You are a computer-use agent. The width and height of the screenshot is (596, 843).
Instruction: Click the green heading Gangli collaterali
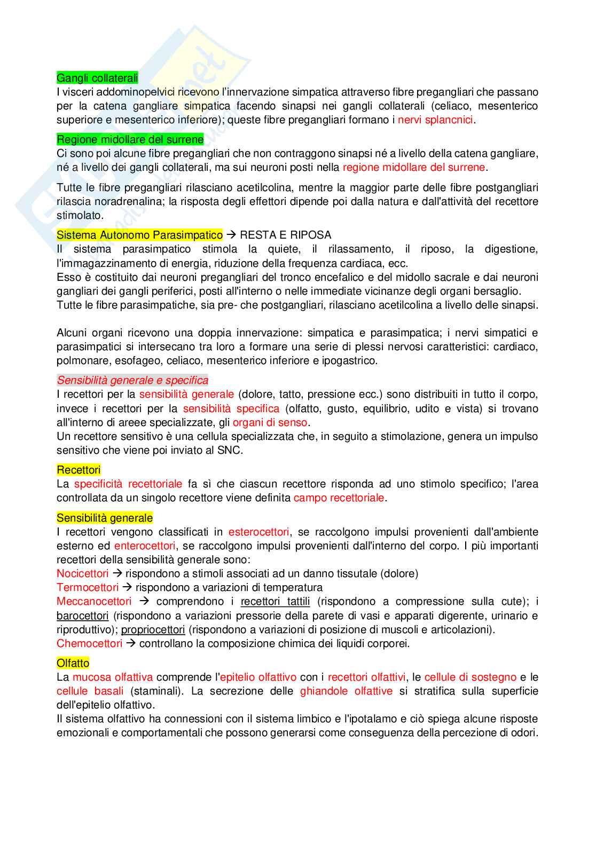[97, 78]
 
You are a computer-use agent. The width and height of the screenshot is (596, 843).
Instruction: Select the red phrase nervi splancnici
[435, 120]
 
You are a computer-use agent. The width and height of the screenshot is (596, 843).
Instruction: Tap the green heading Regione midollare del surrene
[130, 139]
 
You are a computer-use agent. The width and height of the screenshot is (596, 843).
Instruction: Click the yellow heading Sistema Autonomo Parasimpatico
[139, 235]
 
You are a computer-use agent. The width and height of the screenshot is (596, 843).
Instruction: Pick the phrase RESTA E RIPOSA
[285, 235]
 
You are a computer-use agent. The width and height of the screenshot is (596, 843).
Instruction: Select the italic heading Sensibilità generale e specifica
[132, 380]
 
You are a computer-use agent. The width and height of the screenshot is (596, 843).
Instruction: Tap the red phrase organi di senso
[270, 422]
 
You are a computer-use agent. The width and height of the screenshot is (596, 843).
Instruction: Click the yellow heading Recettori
[79, 470]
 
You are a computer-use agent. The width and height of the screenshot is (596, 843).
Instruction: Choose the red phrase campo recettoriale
[339, 498]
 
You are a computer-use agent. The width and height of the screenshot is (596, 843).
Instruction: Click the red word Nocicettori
[82, 573]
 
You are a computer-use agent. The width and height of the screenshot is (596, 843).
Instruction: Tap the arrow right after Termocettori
[127, 587]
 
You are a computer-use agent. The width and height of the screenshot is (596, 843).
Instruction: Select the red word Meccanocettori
[94, 601]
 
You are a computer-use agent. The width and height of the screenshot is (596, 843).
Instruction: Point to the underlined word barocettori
[82, 616]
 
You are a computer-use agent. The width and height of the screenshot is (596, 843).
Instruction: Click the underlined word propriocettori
[153, 629]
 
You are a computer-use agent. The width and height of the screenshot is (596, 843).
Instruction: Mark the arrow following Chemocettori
[131, 643]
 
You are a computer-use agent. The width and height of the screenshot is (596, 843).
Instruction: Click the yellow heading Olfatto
[73, 663]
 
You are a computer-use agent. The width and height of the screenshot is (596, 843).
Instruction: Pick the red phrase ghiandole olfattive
[346, 691]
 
